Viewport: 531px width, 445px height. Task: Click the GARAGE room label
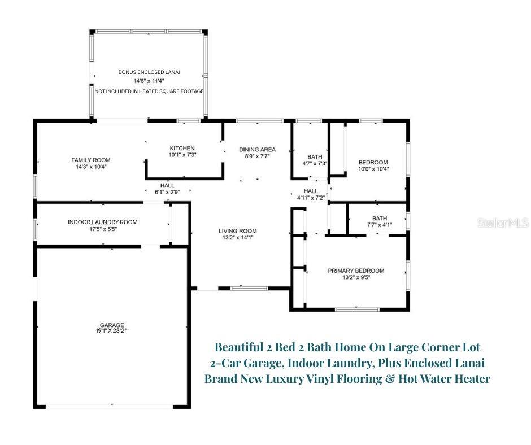click(x=112, y=325)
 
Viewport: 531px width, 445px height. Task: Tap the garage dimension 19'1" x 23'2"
click(x=112, y=331)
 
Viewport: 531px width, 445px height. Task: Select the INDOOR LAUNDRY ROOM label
click(x=102, y=222)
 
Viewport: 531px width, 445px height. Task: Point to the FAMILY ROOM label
click(x=91, y=160)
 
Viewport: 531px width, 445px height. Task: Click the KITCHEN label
click(x=182, y=148)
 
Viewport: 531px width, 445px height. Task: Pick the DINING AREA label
click(x=257, y=149)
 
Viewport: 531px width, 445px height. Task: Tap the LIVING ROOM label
click(x=238, y=230)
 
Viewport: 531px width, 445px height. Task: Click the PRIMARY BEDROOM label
click(x=356, y=271)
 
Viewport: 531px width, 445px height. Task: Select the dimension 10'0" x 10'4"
click(x=373, y=169)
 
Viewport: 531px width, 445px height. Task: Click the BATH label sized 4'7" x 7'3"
click(x=314, y=157)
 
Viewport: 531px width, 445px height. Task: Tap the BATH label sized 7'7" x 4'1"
click(x=379, y=219)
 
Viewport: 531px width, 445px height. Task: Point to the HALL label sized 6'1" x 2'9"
click(x=167, y=185)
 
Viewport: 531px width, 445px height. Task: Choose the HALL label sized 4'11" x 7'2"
click(x=310, y=191)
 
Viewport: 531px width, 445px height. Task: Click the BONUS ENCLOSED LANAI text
click(x=149, y=72)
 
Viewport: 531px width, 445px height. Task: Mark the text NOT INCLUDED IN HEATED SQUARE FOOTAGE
click(x=149, y=91)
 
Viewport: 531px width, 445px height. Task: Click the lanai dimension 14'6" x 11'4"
click(x=149, y=81)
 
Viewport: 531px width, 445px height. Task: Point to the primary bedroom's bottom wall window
click(x=357, y=309)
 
